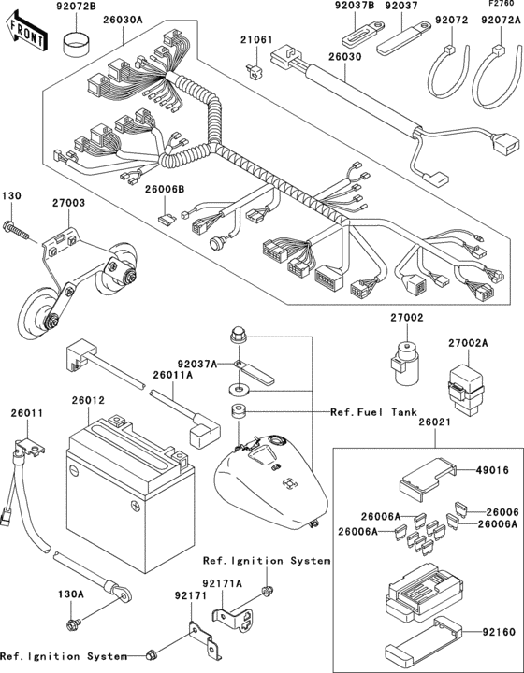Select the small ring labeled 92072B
(71, 41)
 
